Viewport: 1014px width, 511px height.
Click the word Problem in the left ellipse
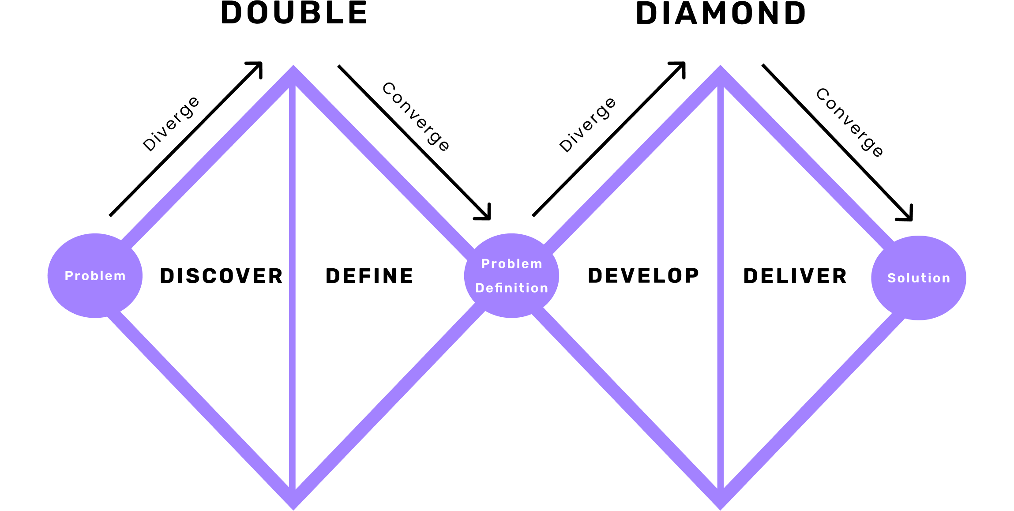(x=95, y=276)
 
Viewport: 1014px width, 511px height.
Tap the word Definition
(x=512, y=288)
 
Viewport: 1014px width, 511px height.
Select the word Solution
(x=919, y=278)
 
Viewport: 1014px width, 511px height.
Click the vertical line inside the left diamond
(x=292, y=287)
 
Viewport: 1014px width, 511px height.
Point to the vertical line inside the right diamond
(x=720, y=287)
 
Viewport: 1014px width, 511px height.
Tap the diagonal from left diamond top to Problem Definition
(x=384, y=163)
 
